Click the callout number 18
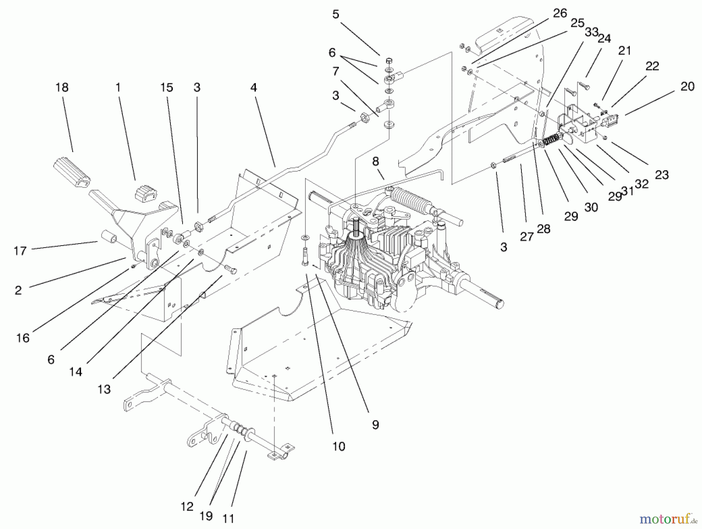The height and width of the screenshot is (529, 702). (62, 87)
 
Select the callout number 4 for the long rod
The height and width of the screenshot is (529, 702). (253, 87)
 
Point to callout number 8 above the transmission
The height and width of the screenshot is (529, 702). (375, 162)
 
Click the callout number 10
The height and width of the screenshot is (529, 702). (339, 446)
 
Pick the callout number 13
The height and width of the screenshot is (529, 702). (104, 389)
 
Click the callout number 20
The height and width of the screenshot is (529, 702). (687, 86)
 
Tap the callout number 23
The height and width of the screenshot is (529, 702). (661, 175)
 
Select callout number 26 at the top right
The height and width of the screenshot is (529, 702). (560, 13)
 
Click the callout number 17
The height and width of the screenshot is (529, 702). (20, 251)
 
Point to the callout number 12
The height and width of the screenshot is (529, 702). (187, 506)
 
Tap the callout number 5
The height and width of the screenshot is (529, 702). (336, 14)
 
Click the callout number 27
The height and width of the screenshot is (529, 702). (526, 236)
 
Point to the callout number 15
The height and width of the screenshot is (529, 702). (167, 87)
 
